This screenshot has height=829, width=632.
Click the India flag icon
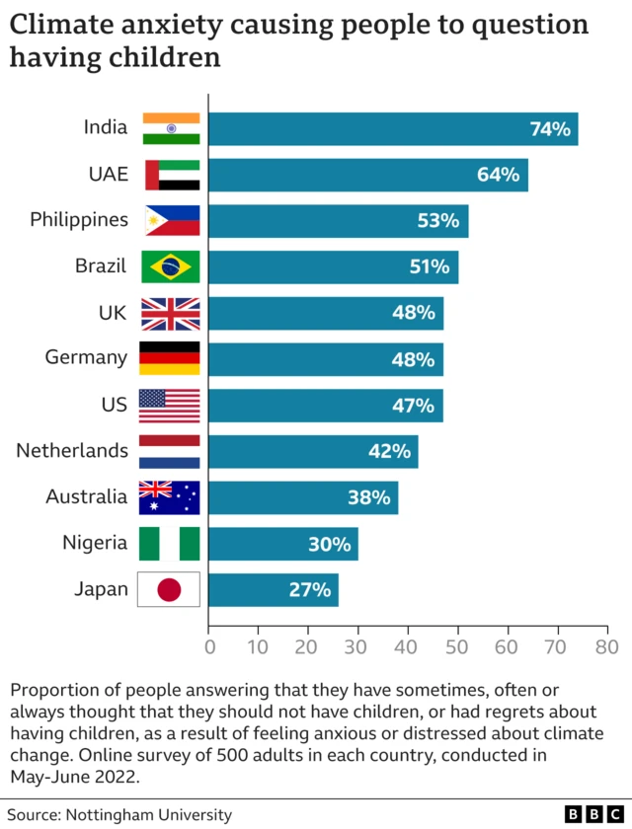(171, 128)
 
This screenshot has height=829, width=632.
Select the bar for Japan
(273, 590)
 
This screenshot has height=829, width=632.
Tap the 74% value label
(550, 128)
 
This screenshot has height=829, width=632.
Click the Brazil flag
(171, 266)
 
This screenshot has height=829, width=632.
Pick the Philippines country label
(79, 219)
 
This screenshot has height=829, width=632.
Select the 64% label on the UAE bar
(498, 175)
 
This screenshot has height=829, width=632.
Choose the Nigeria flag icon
(171, 544)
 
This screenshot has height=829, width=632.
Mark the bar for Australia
(302, 497)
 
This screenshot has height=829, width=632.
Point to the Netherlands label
(72, 451)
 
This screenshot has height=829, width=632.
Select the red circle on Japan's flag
(171, 590)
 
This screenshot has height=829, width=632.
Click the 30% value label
(330, 544)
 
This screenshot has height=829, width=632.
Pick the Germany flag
(171, 358)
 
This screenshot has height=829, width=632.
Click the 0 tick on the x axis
(209, 647)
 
